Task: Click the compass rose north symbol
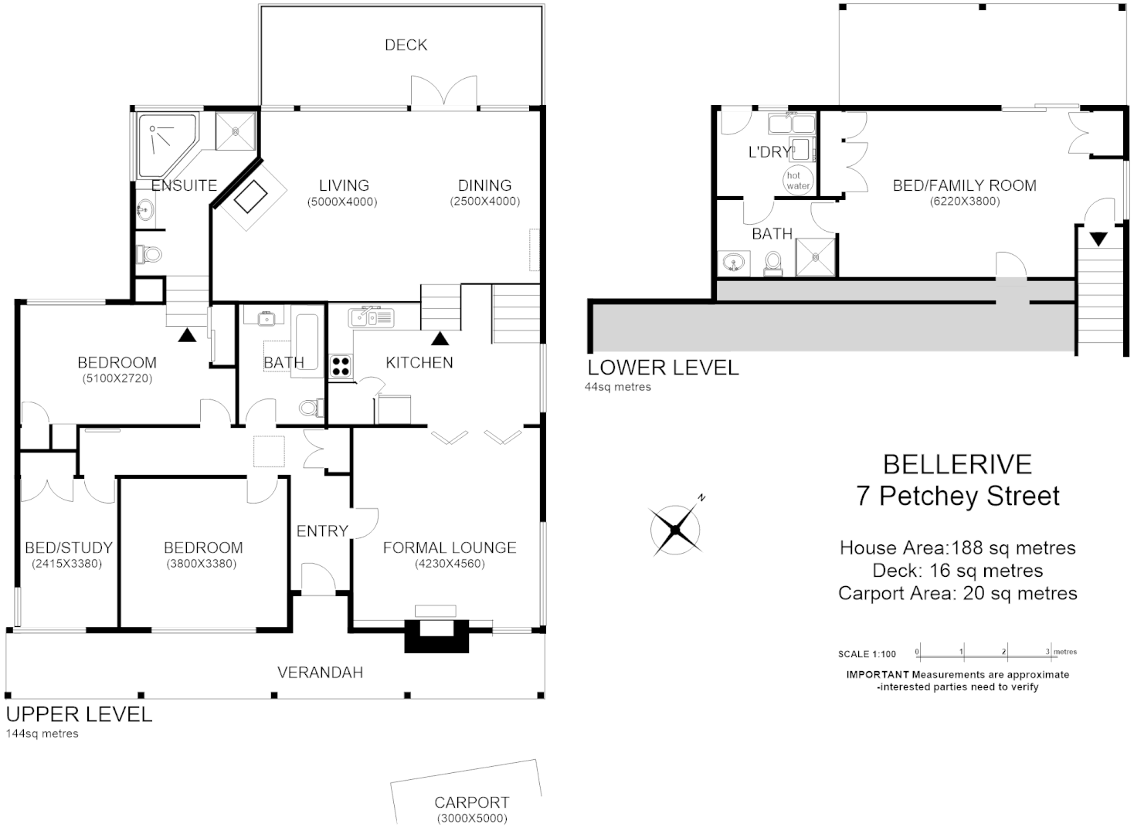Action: [x=677, y=528]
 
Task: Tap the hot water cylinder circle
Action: [x=797, y=180]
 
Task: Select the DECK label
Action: [x=406, y=45]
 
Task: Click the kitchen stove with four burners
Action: [x=341, y=366]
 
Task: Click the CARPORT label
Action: [x=471, y=802]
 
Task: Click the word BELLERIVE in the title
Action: [x=957, y=464]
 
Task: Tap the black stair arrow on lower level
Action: [x=1098, y=239]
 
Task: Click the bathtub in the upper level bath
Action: [x=307, y=345]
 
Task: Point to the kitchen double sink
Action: [x=372, y=317]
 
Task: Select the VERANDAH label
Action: [x=320, y=673]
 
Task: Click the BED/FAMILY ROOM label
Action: [x=964, y=185]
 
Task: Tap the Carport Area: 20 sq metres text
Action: [x=957, y=593]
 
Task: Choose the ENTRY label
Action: [x=322, y=531]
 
